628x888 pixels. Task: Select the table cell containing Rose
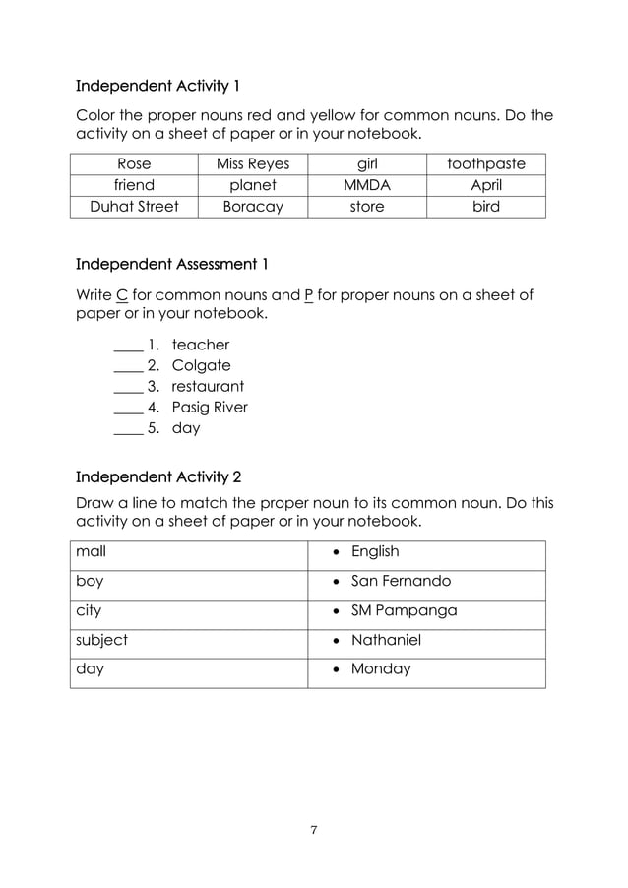(134, 163)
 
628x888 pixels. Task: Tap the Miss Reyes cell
(253, 163)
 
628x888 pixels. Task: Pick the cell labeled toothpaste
(486, 163)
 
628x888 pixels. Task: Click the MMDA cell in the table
(367, 185)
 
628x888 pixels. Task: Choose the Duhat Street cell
(134, 207)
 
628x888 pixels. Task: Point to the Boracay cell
(253, 207)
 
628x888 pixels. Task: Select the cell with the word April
(486, 185)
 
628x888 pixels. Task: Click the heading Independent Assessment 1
(171, 264)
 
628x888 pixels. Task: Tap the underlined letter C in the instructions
(122, 294)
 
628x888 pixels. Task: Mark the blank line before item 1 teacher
(128, 348)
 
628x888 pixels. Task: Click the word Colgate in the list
(201, 365)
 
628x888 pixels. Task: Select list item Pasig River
(210, 407)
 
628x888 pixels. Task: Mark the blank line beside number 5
(128, 431)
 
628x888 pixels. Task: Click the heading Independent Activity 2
(158, 478)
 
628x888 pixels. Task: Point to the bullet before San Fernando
(335, 582)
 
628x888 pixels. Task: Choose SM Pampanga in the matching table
(404, 610)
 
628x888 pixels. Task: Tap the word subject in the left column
(102, 640)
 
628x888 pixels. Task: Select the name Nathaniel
(386, 640)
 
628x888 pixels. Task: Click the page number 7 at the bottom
(314, 830)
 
